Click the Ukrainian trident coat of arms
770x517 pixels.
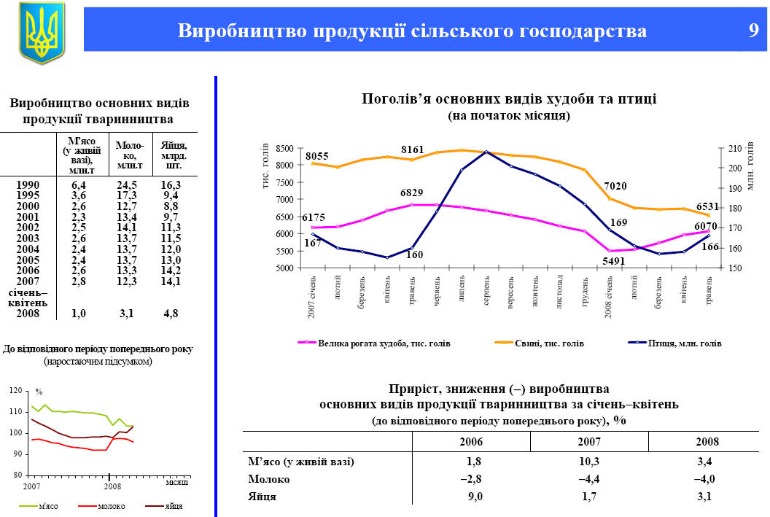(42, 33)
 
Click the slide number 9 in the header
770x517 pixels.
(753, 31)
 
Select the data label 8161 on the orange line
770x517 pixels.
(412, 149)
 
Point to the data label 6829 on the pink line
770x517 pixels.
(412, 193)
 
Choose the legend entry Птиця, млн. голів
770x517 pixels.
(684, 343)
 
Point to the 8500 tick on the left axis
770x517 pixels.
(284, 148)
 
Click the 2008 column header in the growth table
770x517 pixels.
(707, 442)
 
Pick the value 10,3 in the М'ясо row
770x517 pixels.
(589, 461)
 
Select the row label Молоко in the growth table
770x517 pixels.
(269, 479)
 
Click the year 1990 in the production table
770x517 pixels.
(28, 185)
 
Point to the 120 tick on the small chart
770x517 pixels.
(16, 392)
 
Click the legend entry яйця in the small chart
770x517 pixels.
(173, 506)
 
